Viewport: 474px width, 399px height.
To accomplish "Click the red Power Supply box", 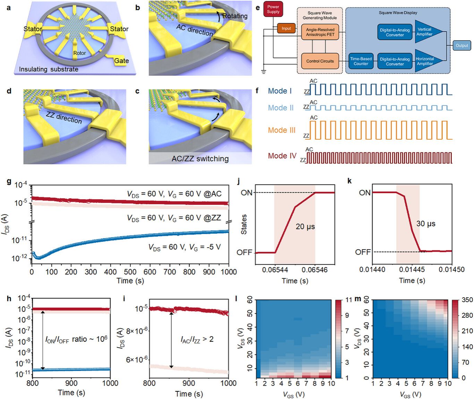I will (273, 9).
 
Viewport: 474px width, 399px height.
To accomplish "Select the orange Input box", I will (286, 28).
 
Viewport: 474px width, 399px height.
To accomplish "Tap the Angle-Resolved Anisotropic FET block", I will (320, 32).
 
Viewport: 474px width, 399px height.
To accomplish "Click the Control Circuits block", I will (320, 61).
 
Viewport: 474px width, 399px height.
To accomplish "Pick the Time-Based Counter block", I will (361, 61).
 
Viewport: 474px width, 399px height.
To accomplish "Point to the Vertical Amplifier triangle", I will (427, 32).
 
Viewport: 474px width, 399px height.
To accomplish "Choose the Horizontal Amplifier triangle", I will (427, 61).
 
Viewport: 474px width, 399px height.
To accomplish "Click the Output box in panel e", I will (462, 45).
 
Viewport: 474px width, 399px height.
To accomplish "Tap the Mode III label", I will (281, 130).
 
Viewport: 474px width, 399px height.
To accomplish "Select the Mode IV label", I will (282, 156).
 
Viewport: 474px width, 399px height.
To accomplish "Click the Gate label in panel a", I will (121, 61).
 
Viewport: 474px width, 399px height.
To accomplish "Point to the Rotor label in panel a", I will (79, 53).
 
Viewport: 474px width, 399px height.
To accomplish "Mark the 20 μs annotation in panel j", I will (305, 226).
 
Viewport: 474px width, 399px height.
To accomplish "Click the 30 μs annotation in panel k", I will (425, 224).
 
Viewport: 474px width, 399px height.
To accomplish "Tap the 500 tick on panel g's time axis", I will (130, 272).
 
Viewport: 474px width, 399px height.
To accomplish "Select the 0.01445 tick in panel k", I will (412, 269).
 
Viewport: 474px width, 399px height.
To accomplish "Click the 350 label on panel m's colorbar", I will (467, 300).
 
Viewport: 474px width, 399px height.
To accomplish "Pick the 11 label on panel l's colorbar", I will (349, 300).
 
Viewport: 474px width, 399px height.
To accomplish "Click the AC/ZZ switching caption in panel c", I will (200, 159).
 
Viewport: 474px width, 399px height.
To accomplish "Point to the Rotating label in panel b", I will (235, 16).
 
